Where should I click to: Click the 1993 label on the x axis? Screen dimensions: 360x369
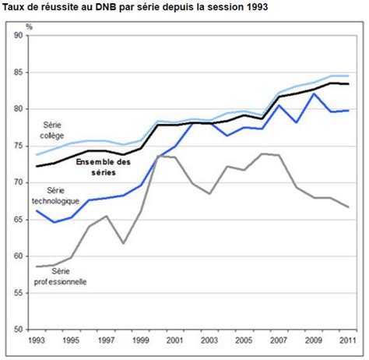(x=36, y=341)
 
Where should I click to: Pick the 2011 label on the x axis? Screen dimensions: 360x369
(x=348, y=341)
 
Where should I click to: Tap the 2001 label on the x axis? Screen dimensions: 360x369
(x=174, y=341)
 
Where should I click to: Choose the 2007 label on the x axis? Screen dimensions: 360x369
(x=279, y=341)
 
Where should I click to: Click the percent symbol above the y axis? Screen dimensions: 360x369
(x=29, y=26)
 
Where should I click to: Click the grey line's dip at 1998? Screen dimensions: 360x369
(x=123, y=243)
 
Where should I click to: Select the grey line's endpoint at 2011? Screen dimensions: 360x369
(x=348, y=206)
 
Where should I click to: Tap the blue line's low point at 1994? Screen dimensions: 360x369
(x=53, y=222)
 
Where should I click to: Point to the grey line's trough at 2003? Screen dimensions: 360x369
(x=209, y=193)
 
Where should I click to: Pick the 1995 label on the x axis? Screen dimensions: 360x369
(x=71, y=341)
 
